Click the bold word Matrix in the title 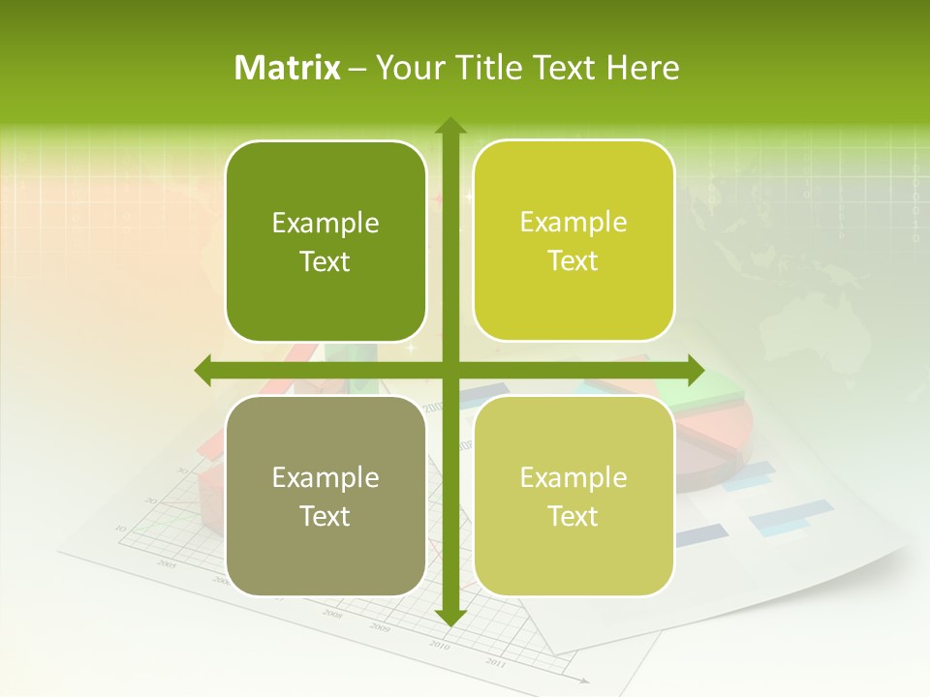tap(288, 68)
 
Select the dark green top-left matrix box tap(325, 241)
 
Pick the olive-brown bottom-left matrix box tap(325, 496)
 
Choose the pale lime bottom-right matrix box tap(573, 496)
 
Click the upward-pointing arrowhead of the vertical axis tap(449, 126)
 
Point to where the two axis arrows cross tap(449, 370)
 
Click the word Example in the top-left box tap(325, 224)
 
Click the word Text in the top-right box tap(573, 261)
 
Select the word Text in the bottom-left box tap(325, 516)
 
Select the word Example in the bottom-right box tap(573, 477)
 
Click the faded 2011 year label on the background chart tap(495, 663)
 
